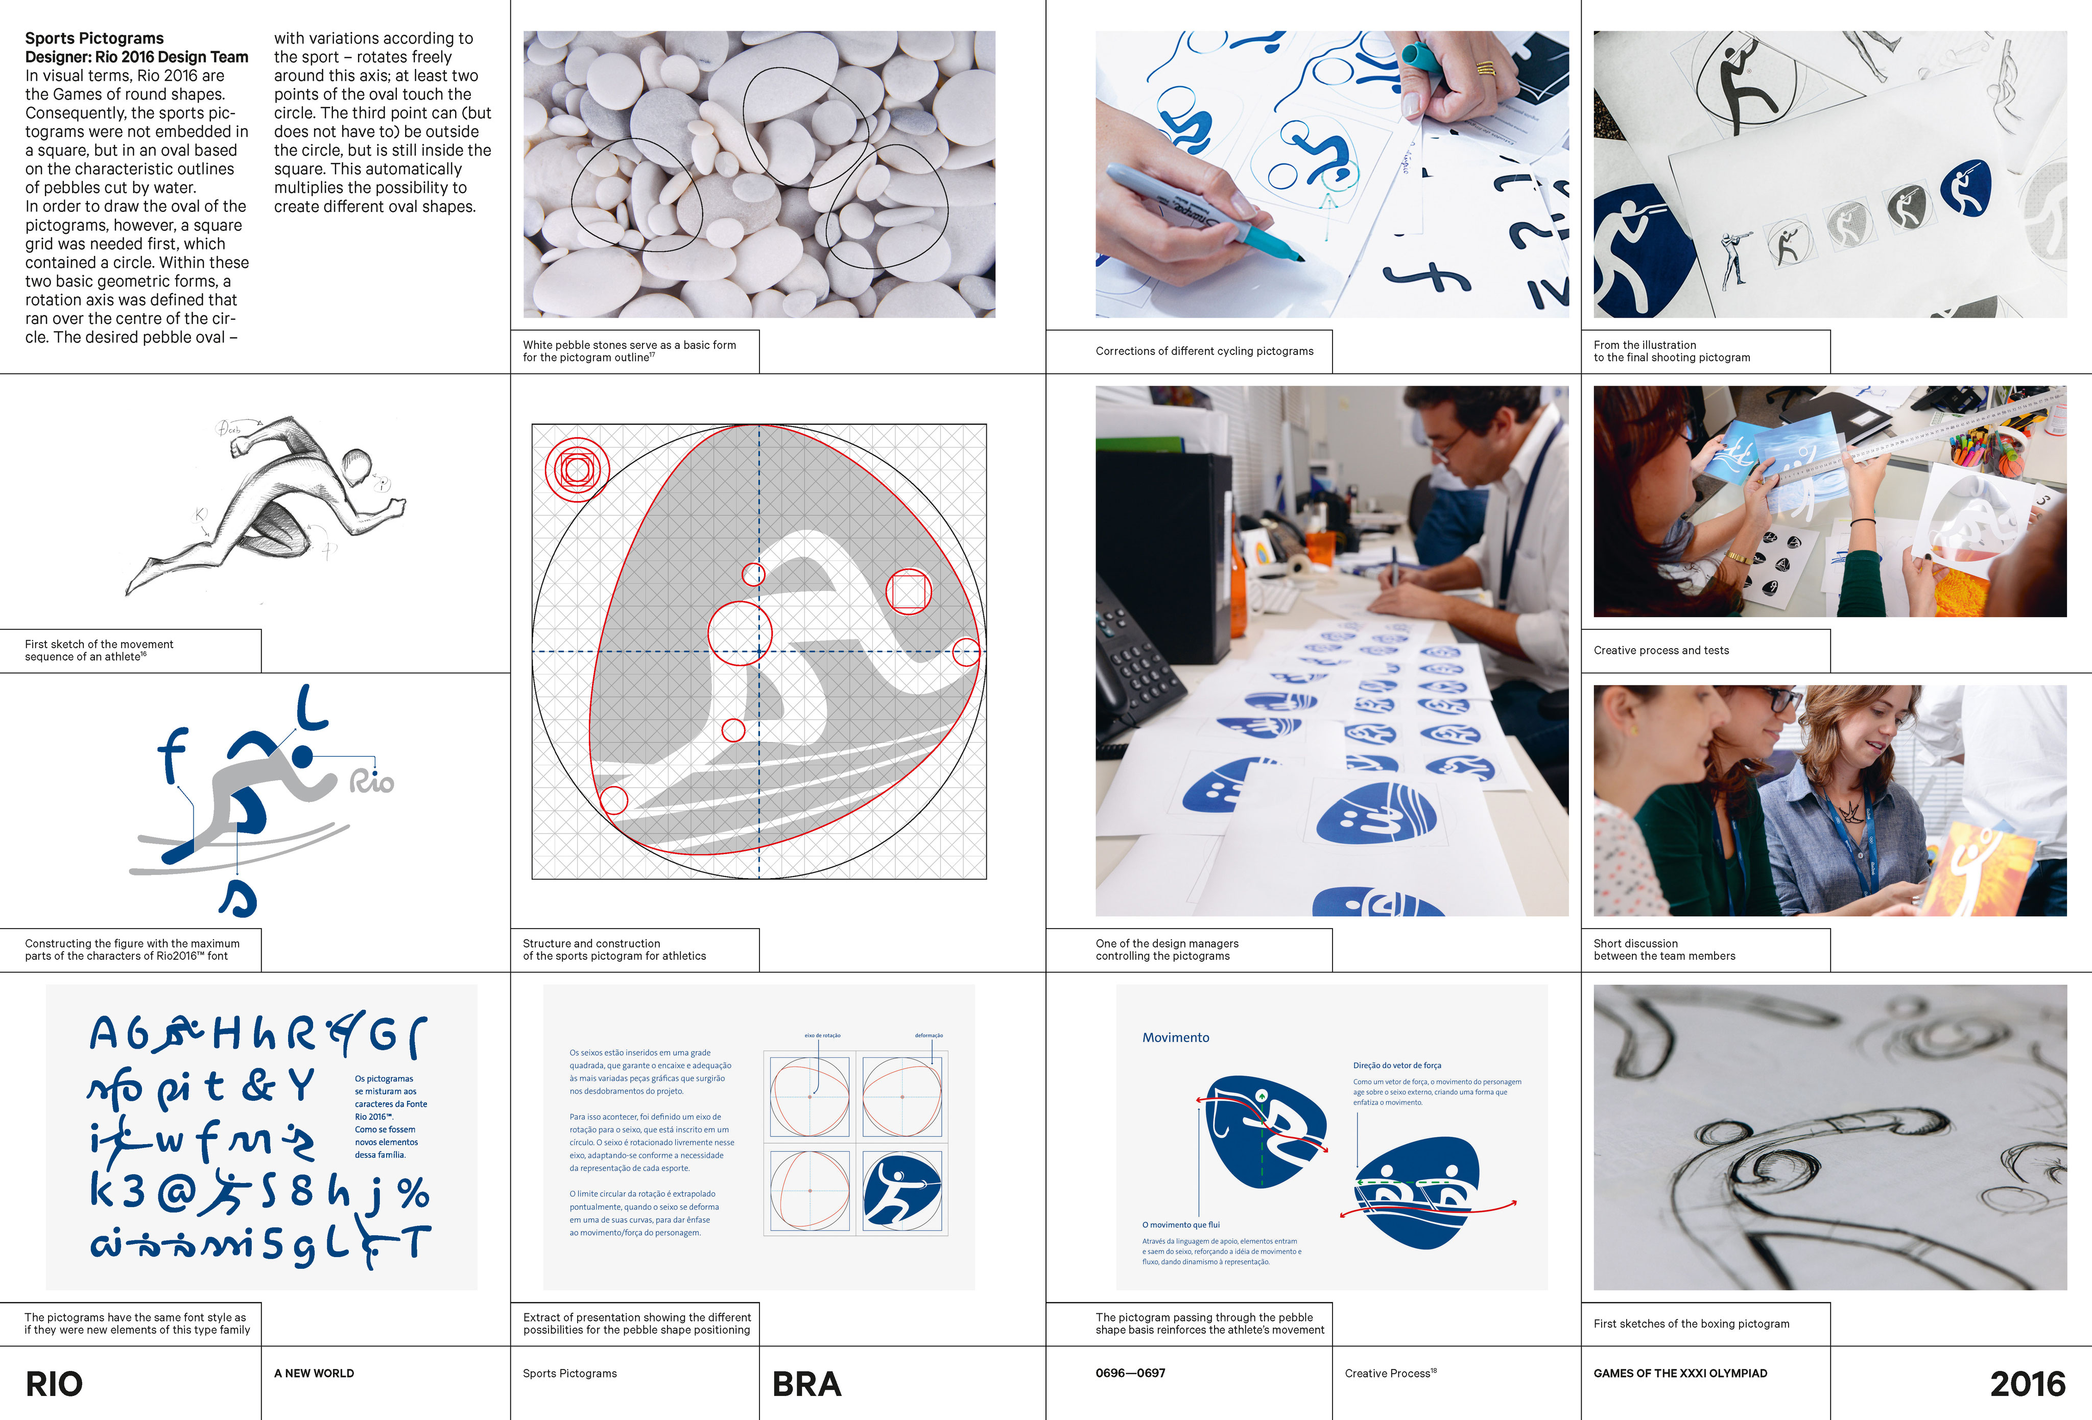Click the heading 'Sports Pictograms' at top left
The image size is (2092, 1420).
[x=94, y=38]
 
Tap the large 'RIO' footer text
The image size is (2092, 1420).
[x=54, y=1384]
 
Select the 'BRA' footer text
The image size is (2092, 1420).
[x=806, y=1384]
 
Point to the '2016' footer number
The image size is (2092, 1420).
[x=2027, y=1384]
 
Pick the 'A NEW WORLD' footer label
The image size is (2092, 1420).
[x=314, y=1373]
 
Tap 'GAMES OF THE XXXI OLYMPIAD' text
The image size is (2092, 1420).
[x=1680, y=1373]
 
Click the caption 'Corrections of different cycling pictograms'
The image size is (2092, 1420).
[x=1203, y=351]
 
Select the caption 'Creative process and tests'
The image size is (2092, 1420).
[x=1661, y=650]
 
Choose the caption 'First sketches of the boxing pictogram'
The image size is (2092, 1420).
[x=1691, y=1323]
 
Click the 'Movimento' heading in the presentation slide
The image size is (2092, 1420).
[x=1176, y=1037]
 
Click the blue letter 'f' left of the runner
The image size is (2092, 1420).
[x=171, y=754]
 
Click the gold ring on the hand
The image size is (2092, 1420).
[x=1485, y=67]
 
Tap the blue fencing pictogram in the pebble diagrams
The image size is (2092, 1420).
[x=902, y=1190]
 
